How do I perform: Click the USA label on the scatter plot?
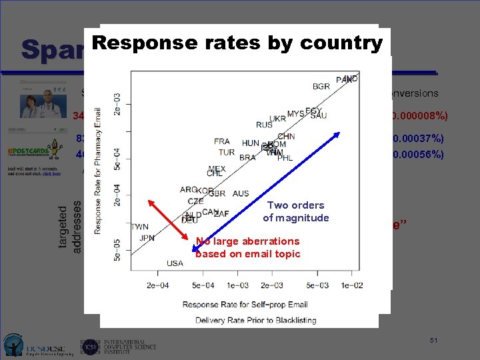tap(175, 263)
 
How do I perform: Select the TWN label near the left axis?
tap(140, 227)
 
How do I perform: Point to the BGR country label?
tap(321, 87)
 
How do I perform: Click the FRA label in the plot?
tap(222, 142)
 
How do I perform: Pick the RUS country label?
tap(264, 125)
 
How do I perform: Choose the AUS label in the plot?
tap(241, 194)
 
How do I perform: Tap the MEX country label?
tap(217, 169)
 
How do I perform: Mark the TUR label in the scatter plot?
tap(227, 152)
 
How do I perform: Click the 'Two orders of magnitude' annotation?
tap(295, 212)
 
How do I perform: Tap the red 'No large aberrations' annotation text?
tap(247, 247)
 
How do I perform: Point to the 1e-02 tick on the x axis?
tap(352, 285)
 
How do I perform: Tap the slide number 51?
tap(433, 341)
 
